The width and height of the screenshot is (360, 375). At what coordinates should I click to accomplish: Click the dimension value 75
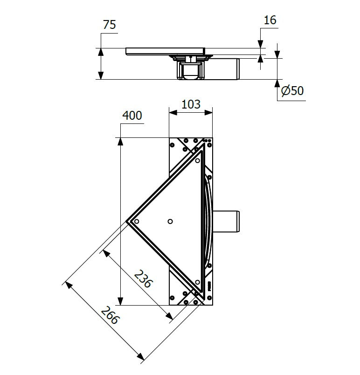tap(109, 25)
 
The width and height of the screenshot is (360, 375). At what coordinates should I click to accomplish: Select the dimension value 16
tap(270, 20)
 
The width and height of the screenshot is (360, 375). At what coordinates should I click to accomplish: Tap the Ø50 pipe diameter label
tap(293, 90)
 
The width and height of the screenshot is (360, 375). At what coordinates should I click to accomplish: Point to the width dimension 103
tap(190, 104)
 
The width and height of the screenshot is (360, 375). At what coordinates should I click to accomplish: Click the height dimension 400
tap(132, 116)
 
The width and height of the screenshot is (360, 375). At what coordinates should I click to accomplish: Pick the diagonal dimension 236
tap(143, 279)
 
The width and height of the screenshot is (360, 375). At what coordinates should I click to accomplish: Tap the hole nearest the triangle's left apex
tap(136, 221)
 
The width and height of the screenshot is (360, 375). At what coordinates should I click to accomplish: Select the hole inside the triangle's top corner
tap(198, 161)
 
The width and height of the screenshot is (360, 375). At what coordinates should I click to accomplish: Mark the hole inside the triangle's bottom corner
tap(198, 282)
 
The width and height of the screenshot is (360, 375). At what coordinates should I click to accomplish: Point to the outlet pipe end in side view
tap(238, 69)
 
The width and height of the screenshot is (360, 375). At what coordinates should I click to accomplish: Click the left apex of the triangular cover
tap(127, 221)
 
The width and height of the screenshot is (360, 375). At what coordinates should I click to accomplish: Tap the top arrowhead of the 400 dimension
tap(121, 141)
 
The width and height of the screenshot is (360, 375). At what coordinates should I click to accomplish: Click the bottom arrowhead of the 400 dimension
tap(121, 301)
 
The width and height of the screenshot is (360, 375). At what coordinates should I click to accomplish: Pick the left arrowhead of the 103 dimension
tap(172, 112)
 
